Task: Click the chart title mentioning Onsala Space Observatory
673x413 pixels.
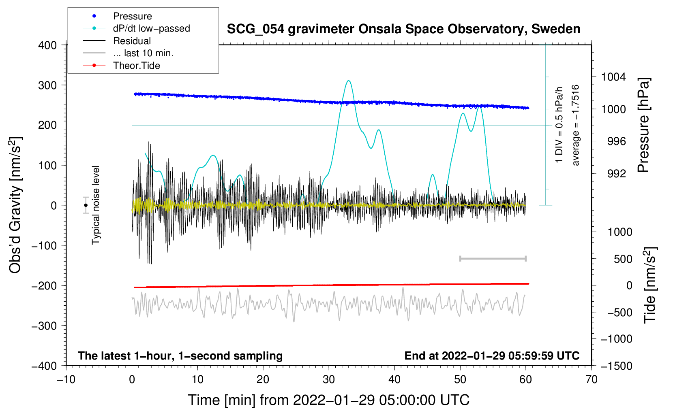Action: click(403, 29)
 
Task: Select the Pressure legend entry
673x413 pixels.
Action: click(117, 16)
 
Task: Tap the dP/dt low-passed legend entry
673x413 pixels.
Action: click(136, 28)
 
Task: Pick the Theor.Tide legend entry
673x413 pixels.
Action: click(121, 66)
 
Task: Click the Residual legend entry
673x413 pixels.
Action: click(117, 41)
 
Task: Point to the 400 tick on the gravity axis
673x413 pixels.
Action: click(47, 45)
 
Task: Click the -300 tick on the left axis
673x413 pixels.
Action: click(44, 326)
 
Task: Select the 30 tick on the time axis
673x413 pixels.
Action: click(329, 380)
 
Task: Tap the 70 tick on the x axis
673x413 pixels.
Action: click(591, 380)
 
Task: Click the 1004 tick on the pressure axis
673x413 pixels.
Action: click(613, 77)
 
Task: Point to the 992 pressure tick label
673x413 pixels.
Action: click(617, 173)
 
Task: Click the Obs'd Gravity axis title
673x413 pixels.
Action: click(16, 205)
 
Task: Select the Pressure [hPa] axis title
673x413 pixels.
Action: click(643, 125)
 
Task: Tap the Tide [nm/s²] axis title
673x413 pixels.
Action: click(650, 285)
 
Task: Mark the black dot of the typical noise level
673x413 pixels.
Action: click(86, 205)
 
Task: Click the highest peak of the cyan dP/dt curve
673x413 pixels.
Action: click(349, 81)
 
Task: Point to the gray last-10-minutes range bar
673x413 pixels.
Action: click(493, 259)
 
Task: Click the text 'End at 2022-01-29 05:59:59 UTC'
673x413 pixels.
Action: click(492, 356)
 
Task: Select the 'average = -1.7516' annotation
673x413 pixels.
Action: click(575, 125)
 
